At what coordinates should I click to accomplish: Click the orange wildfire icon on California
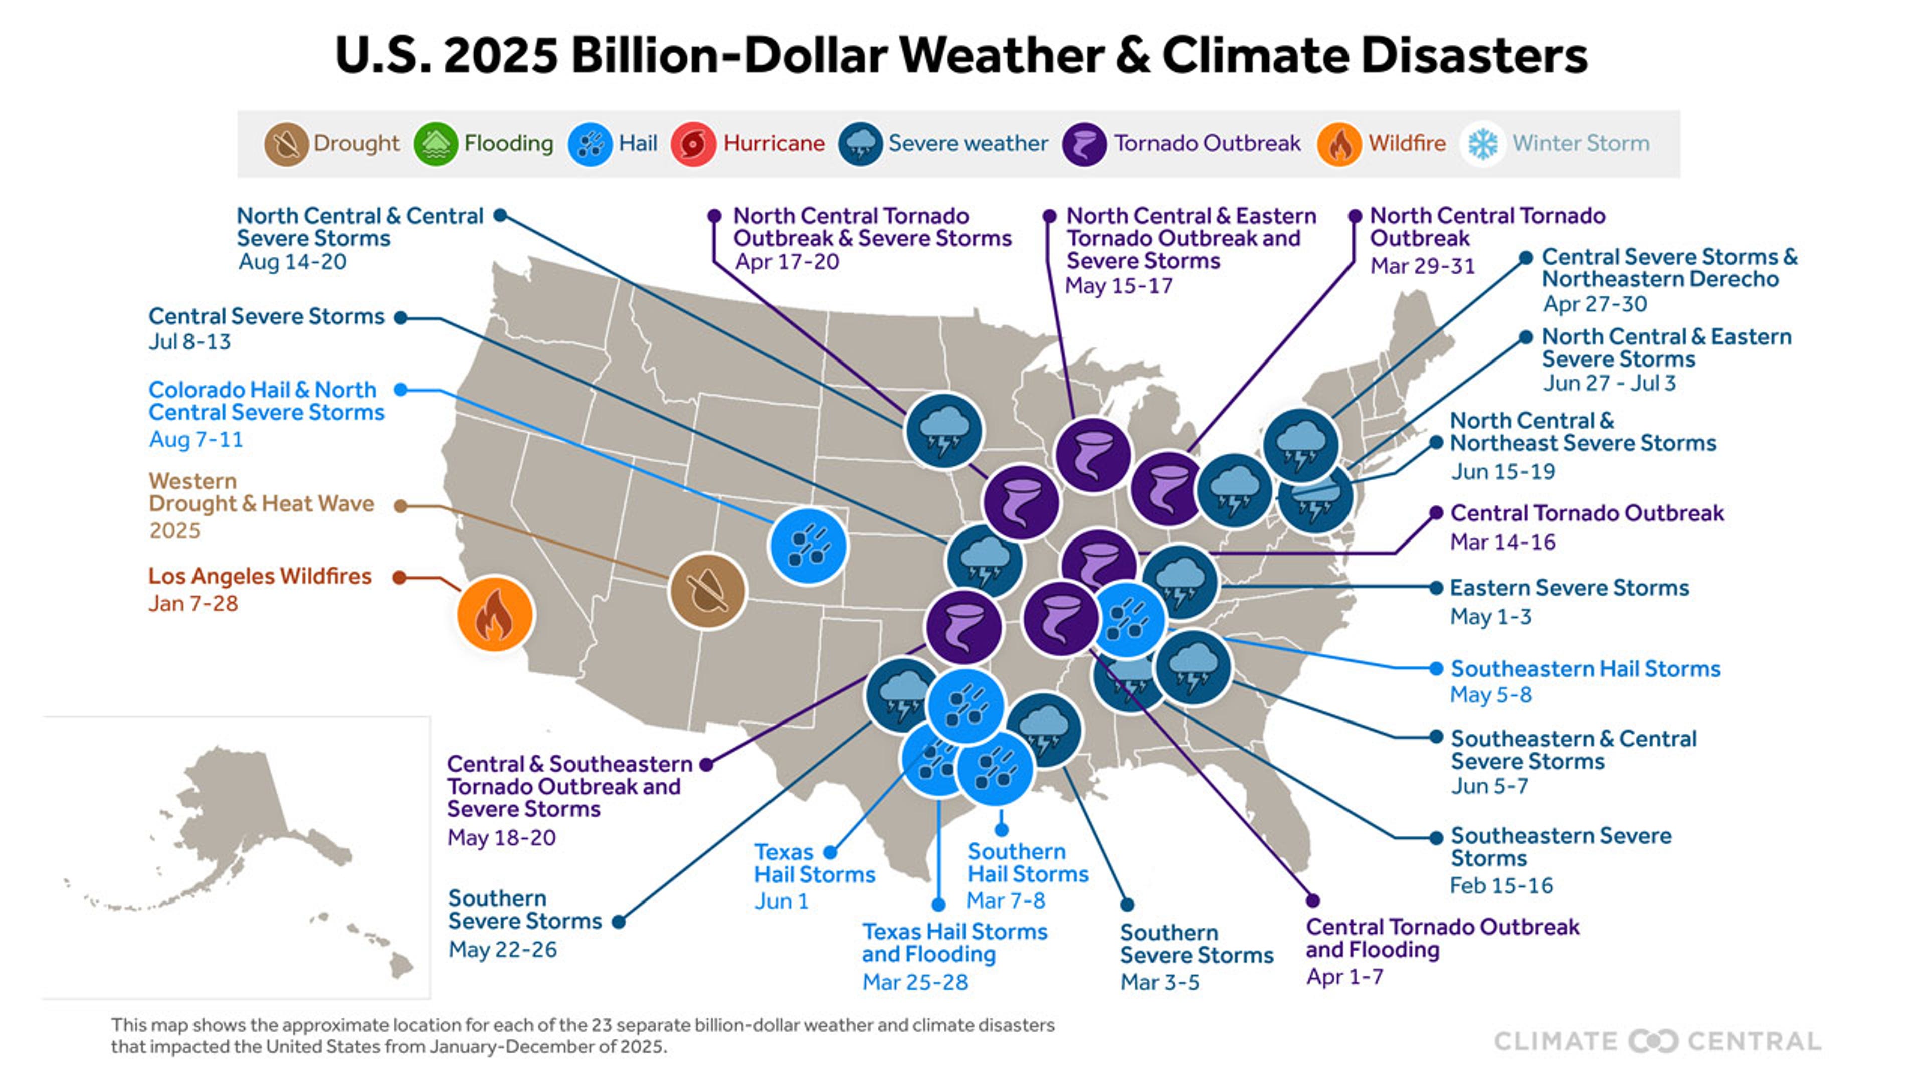[x=495, y=614]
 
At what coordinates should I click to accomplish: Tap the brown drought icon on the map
[x=707, y=591]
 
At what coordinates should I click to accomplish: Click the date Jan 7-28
[x=193, y=603]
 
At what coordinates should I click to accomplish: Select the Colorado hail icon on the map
[x=808, y=546]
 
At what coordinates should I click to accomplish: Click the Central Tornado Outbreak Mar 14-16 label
[x=1587, y=513]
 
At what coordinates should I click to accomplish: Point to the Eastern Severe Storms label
[x=1569, y=588]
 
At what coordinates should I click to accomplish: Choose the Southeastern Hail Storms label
[x=1585, y=669]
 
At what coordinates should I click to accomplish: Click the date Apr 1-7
[x=1344, y=977]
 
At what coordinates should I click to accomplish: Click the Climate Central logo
[x=1657, y=1041]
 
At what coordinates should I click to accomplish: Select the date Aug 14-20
[x=292, y=262]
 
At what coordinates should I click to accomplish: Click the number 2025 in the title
[x=501, y=55]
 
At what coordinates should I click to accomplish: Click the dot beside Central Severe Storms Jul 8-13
[x=401, y=318]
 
